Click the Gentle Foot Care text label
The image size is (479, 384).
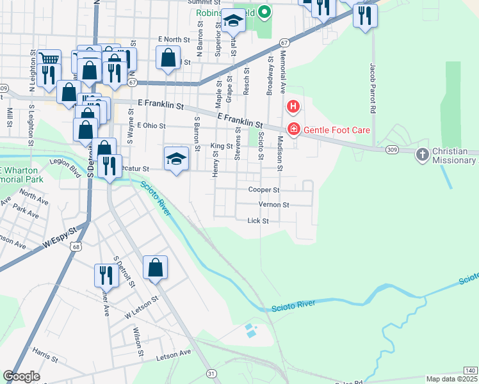(x=337, y=130)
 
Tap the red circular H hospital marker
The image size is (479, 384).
(x=293, y=106)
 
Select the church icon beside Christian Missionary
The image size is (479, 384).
(x=422, y=154)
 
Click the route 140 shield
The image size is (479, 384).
(x=470, y=371)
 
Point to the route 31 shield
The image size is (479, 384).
(x=211, y=373)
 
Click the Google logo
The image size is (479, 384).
(x=22, y=376)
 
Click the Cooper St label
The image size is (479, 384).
(x=264, y=190)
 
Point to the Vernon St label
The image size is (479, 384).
(x=274, y=205)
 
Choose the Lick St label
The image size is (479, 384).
(x=257, y=221)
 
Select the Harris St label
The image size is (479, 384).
(x=45, y=353)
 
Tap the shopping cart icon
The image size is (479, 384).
(x=49, y=60)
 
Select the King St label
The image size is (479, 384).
(x=222, y=147)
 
